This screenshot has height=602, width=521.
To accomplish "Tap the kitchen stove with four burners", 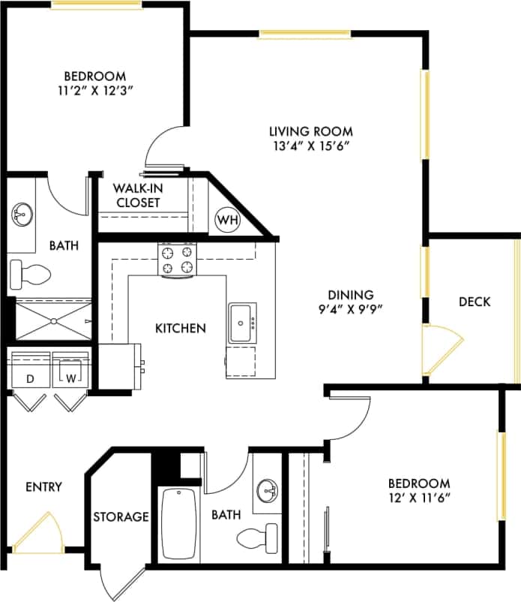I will [177, 260].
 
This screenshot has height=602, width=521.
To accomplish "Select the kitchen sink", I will [241, 323].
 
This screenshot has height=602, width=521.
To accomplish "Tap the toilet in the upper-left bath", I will [31, 274].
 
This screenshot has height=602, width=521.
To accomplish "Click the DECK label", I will [475, 302].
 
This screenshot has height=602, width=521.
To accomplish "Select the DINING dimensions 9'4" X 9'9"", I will [345, 309].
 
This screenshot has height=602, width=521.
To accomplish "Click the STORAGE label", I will [121, 517].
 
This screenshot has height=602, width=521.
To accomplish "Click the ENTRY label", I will [43, 487].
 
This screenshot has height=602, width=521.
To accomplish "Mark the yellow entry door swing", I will [38, 534].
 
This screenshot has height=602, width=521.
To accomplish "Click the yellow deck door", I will [436, 350].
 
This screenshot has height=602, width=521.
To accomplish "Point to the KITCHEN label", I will [180, 328].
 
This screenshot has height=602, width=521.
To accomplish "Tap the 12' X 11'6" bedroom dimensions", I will [418, 497].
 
